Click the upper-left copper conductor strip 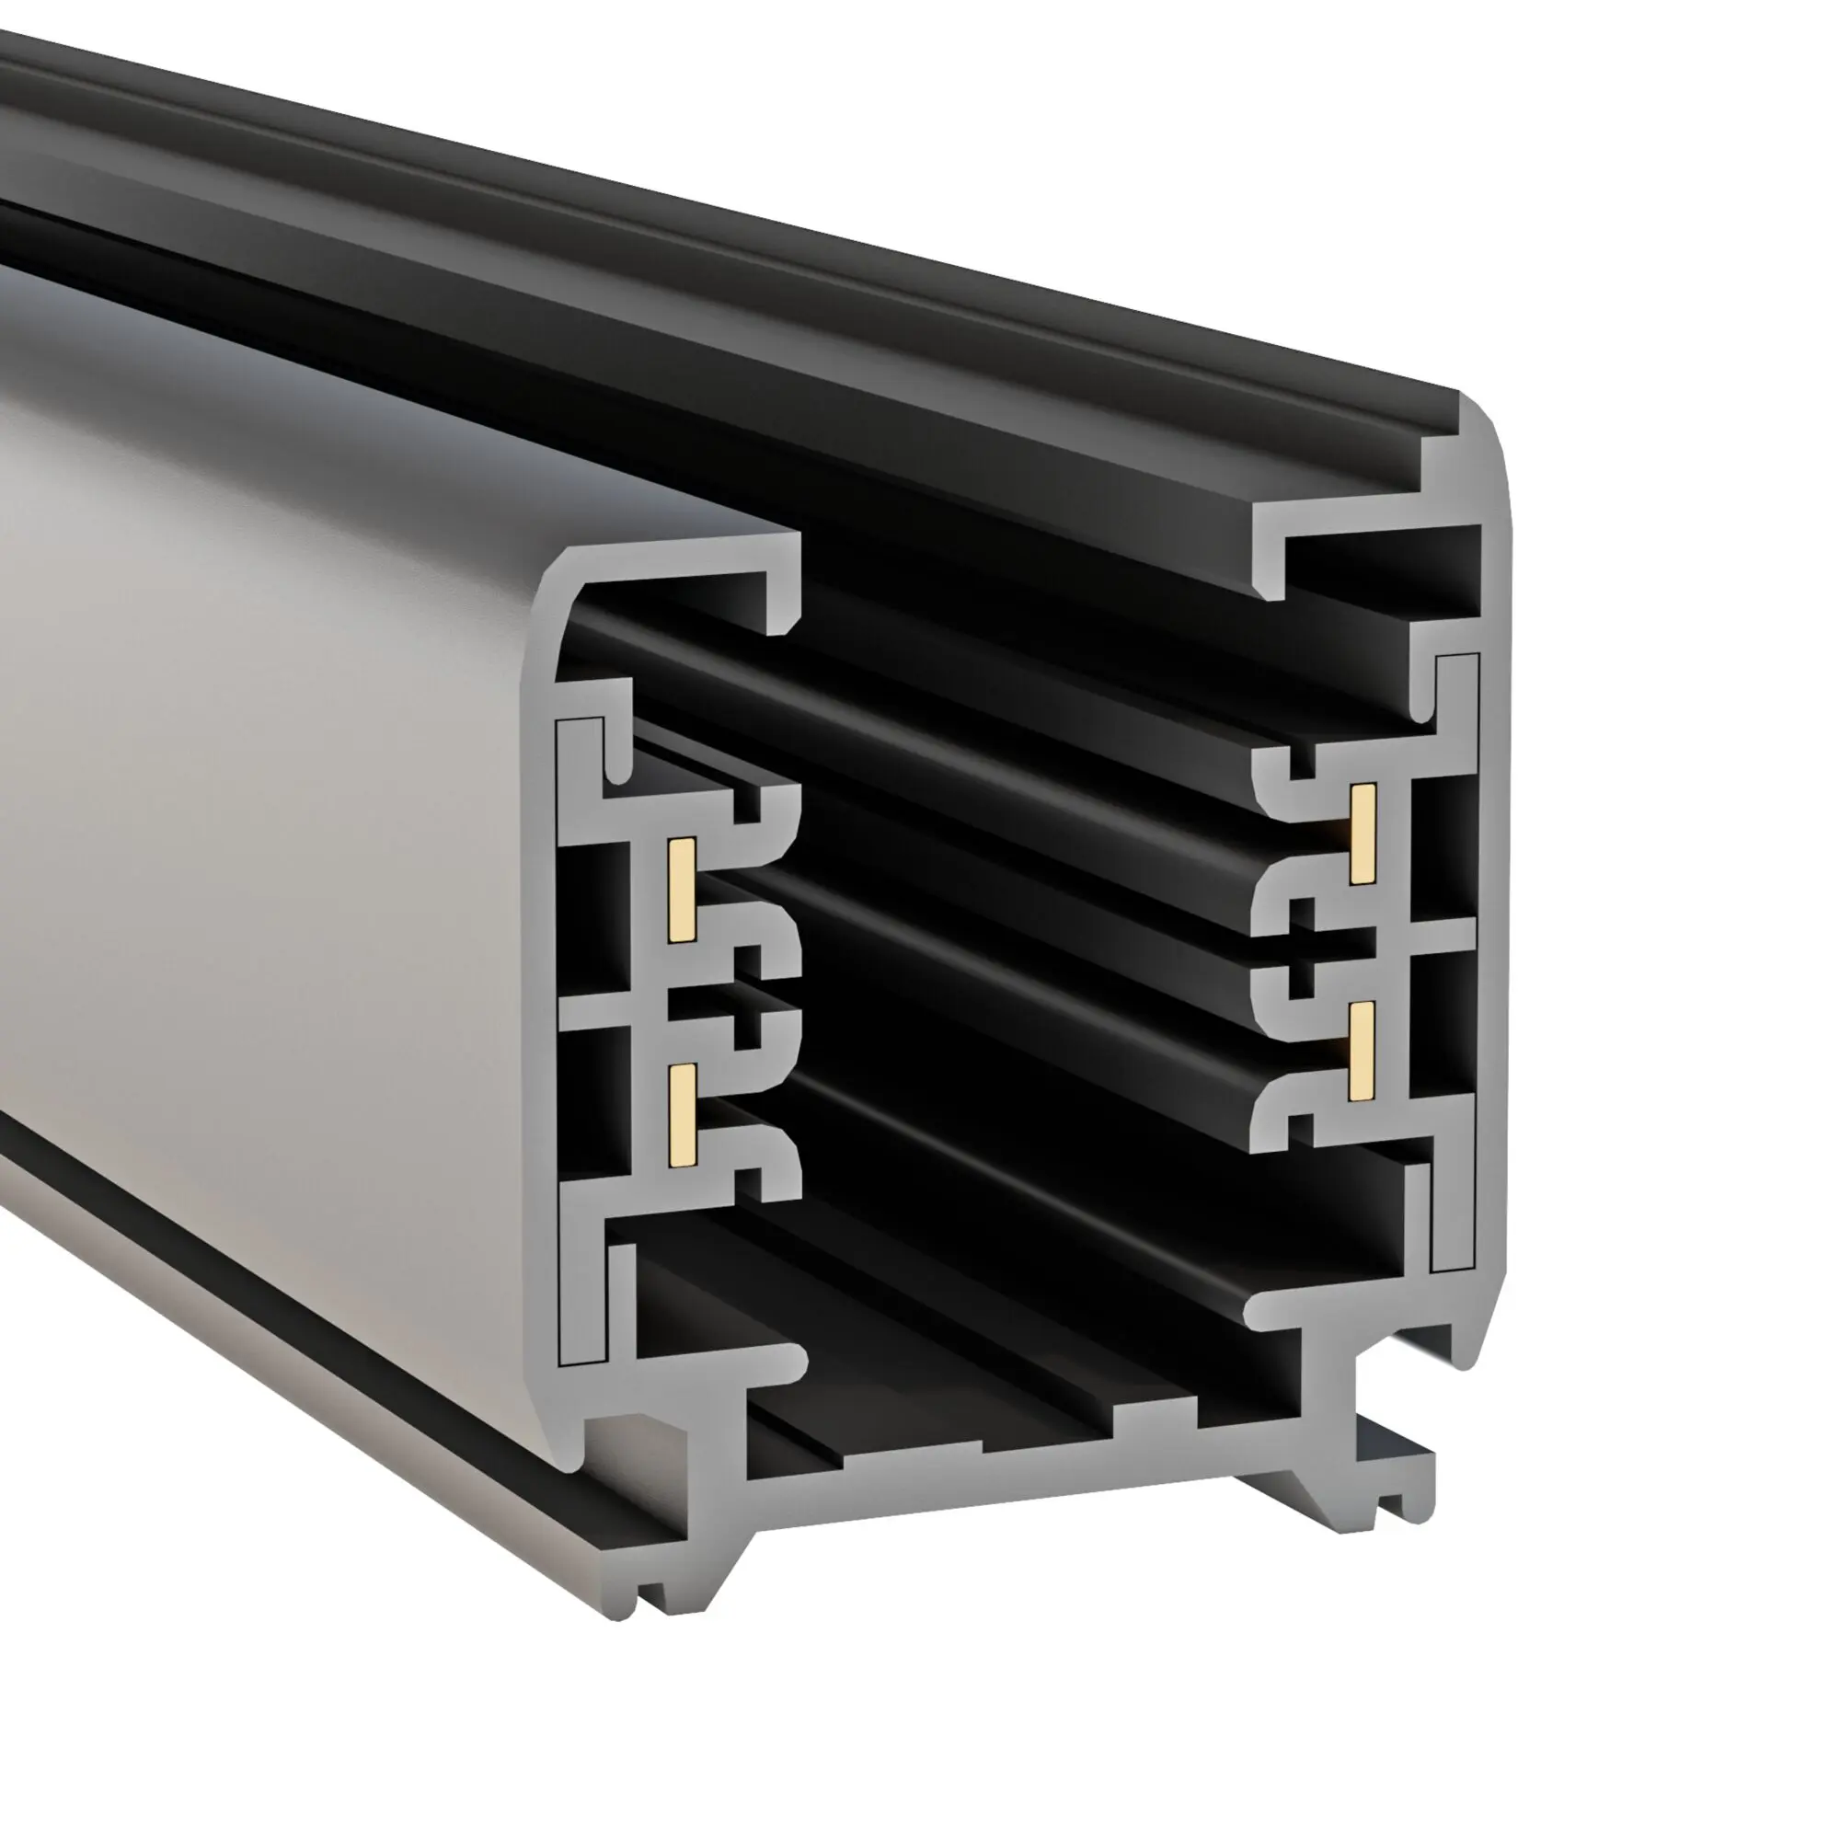tap(680, 891)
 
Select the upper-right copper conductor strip tap(1363, 834)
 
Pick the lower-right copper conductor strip tap(1363, 1051)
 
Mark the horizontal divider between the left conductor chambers tap(595, 1012)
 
